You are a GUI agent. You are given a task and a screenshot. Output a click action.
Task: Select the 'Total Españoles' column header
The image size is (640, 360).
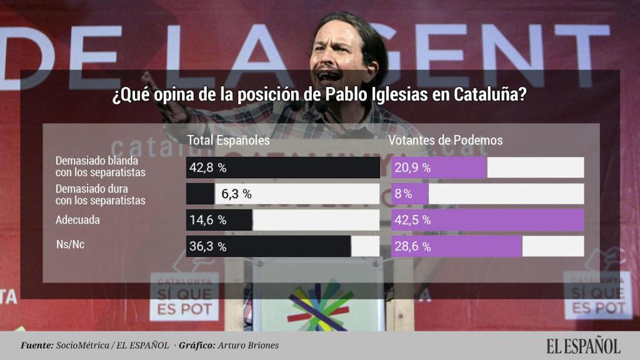[x=229, y=140]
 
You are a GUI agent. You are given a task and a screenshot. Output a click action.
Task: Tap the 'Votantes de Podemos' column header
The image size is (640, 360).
[x=446, y=140]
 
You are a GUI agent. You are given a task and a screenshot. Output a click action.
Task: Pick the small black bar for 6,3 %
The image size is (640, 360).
[x=200, y=194]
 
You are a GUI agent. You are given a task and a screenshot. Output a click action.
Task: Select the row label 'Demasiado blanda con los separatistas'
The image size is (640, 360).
[x=101, y=166]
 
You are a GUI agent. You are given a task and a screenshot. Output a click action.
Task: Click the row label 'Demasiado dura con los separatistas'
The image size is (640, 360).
[x=101, y=194]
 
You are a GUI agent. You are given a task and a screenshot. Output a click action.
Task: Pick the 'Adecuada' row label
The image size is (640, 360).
[x=77, y=220]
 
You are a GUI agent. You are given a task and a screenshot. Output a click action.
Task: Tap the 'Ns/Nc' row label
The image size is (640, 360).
[x=71, y=245]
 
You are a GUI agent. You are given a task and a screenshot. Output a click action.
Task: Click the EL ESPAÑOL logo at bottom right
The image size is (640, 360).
[x=582, y=346]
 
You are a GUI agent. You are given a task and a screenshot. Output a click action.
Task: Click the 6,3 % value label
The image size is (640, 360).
[x=236, y=194]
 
